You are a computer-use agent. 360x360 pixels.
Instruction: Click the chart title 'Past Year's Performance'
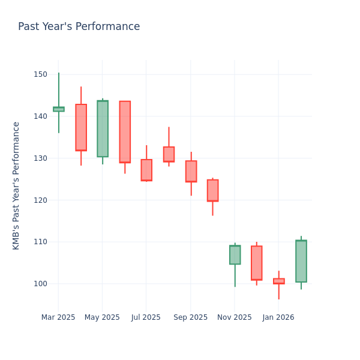point(79,27)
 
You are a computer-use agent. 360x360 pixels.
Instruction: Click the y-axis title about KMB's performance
point(16,185)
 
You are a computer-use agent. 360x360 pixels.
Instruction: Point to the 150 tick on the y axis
point(40,74)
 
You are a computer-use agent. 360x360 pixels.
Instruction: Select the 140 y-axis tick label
point(40,116)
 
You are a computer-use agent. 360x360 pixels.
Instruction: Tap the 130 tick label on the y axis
point(40,158)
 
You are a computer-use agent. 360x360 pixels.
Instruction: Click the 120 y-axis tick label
point(40,200)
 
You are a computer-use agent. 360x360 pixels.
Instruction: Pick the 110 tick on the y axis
point(40,242)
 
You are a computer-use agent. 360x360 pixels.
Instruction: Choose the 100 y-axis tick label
point(40,284)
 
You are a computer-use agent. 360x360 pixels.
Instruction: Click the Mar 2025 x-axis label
point(58,317)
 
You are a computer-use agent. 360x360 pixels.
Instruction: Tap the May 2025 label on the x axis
point(102,317)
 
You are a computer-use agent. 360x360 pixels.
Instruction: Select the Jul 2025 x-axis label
point(146,317)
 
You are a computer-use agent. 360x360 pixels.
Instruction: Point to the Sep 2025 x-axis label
point(190,317)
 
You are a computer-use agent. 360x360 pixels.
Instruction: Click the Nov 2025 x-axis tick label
point(235,317)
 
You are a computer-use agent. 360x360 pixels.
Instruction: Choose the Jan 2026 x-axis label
point(278,317)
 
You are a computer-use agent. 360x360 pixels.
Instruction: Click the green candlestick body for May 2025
point(103,128)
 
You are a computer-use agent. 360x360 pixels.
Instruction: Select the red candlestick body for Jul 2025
point(146,170)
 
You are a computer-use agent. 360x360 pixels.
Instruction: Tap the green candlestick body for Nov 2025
point(235,254)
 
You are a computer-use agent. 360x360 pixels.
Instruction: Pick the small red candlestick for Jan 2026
point(279,281)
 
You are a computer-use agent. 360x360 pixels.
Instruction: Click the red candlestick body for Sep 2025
point(191,171)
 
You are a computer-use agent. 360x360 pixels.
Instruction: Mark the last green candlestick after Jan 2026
point(301,261)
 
